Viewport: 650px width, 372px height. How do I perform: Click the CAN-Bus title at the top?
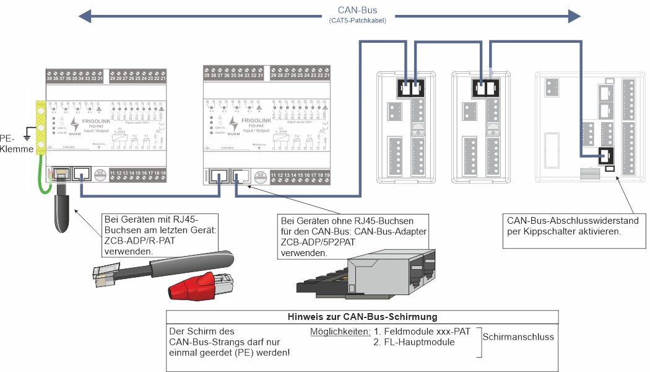(x=358, y=10)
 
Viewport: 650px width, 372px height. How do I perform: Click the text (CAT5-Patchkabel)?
(x=358, y=20)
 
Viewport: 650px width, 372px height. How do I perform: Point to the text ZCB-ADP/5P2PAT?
(x=317, y=242)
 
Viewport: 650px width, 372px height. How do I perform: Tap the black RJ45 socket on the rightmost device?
(x=605, y=157)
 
